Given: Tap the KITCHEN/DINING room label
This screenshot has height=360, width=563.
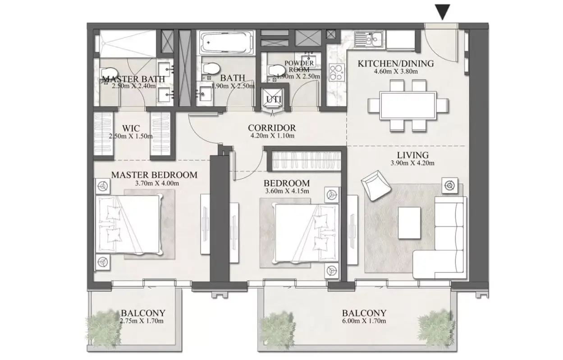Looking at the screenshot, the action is point(396,64).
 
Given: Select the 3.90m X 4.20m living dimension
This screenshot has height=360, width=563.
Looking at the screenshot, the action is point(412,163).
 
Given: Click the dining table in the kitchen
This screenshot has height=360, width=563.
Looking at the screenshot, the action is point(408,105).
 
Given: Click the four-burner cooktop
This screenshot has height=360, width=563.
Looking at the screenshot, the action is point(337,73).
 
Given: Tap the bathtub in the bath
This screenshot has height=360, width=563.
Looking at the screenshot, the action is point(226,42).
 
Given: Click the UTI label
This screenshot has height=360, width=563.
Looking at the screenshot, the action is point(274,100).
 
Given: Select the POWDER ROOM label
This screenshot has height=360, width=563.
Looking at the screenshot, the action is point(299,66).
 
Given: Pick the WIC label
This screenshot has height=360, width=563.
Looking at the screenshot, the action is point(131,128).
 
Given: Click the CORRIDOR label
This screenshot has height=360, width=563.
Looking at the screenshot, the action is point(272,128).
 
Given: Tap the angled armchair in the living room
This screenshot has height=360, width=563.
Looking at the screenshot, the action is point(376,185).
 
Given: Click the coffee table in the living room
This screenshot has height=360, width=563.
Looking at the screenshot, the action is point(409,223).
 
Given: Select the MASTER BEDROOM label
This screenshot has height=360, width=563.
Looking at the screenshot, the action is point(154,175).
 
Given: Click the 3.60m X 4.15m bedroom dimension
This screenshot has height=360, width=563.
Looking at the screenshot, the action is point(287,191).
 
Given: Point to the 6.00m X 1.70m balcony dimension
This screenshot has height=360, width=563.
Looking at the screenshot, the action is point(364,321).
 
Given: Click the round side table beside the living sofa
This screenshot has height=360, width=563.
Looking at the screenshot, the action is point(450,186).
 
